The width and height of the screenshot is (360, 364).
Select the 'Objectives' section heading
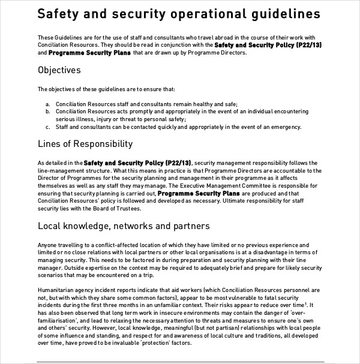click(x=59, y=70)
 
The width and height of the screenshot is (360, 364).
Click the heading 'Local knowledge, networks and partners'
click(x=124, y=226)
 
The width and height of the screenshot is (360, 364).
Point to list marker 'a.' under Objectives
click(x=47, y=104)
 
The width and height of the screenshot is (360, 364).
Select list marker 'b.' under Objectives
click(x=47, y=112)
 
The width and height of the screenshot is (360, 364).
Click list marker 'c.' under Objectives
click(x=47, y=127)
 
